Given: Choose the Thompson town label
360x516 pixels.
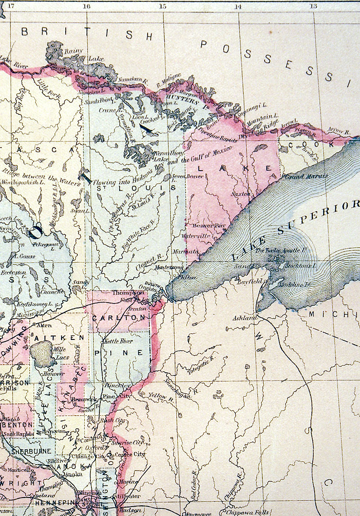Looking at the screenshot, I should (124, 293).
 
